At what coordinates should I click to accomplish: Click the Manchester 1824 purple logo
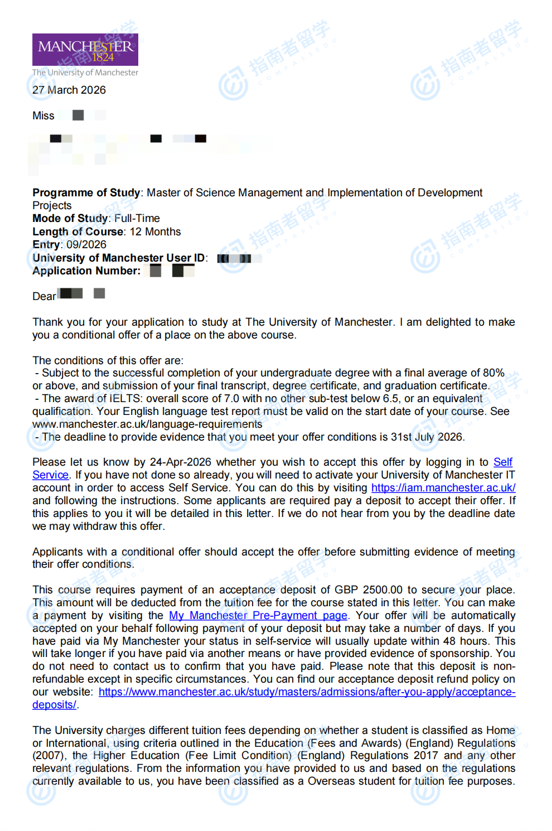(85, 50)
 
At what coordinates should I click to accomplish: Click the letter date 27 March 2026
(69, 90)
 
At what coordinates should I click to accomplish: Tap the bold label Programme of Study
(86, 193)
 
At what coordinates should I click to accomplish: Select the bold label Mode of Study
(70, 219)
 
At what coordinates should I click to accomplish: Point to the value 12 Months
(155, 232)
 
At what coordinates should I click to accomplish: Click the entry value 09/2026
(86, 245)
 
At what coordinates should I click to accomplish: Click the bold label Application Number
(86, 271)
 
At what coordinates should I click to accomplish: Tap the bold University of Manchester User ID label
(119, 258)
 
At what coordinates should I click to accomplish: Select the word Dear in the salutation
(44, 297)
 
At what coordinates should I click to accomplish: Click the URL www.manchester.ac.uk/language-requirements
(147, 424)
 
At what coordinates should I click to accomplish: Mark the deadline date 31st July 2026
(427, 437)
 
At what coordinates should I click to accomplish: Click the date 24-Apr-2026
(180, 462)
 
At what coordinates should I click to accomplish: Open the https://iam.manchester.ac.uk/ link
(443, 488)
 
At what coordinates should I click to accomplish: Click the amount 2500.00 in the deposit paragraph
(382, 590)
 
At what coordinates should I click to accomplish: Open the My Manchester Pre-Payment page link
(258, 616)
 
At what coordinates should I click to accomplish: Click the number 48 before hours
(449, 641)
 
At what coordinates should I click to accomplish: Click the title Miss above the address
(43, 116)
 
